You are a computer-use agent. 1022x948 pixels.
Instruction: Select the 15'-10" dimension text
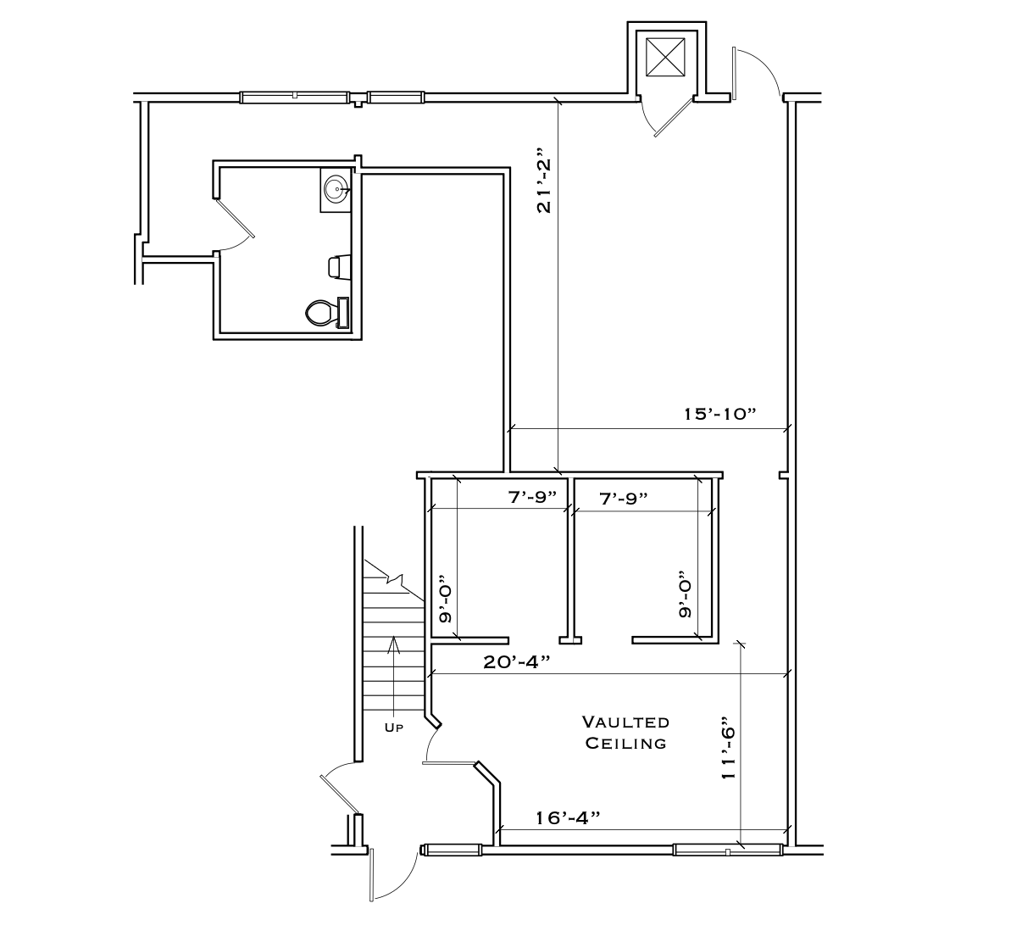[x=719, y=415]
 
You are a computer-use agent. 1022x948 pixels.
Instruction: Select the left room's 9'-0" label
[x=444, y=603]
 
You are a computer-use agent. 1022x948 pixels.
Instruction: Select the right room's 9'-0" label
[x=685, y=598]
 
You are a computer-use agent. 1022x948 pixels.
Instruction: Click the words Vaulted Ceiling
[x=625, y=733]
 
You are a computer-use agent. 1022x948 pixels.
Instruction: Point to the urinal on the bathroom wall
[x=338, y=266]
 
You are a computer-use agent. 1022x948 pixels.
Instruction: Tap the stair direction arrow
[x=393, y=670]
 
